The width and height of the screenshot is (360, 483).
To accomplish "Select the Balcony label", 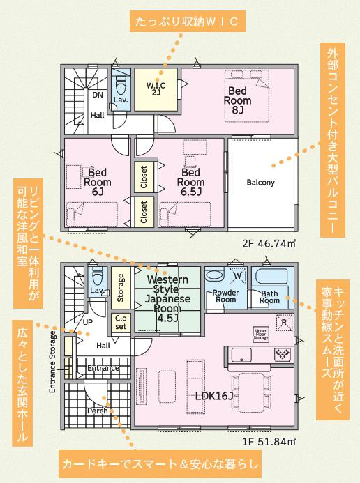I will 261,183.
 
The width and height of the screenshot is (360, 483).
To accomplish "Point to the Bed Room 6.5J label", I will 191,181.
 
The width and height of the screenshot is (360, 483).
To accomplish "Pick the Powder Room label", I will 225,296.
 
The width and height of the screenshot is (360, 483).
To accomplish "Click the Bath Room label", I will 270,296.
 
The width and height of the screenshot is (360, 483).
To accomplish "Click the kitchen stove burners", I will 283,354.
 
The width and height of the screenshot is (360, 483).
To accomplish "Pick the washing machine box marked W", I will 237,277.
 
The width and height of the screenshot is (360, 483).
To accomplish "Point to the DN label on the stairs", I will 98,95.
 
